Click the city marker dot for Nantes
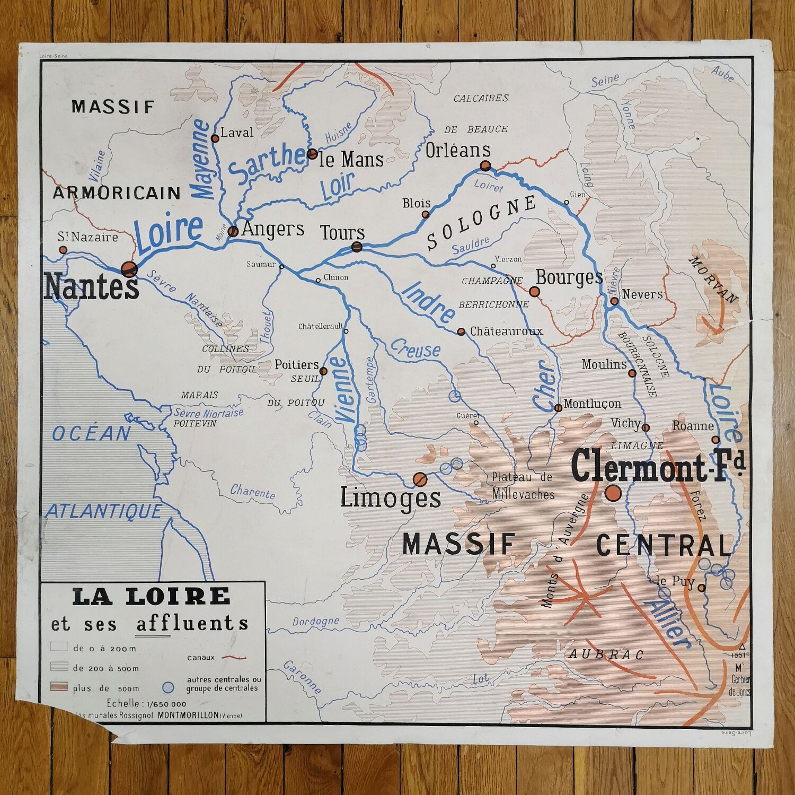pyautogui.click(x=129, y=269)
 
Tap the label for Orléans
pyautogui.click(x=458, y=151)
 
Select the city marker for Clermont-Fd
pyautogui.click(x=613, y=493)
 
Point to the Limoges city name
pyautogui.click(x=390, y=498)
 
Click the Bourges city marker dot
pyautogui.click(x=534, y=291)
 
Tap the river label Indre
pyautogui.click(x=428, y=303)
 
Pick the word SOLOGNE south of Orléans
pyautogui.click(x=481, y=222)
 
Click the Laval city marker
pyautogui.click(x=215, y=138)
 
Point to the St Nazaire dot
pyautogui.click(x=63, y=250)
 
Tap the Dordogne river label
pyautogui.click(x=315, y=621)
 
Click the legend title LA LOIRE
pyautogui.click(x=152, y=597)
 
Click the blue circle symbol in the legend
pyautogui.click(x=168, y=688)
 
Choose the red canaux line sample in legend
pyautogui.click(x=234, y=658)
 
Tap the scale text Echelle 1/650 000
pyautogui.click(x=146, y=704)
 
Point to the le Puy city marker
pyautogui.click(x=702, y=588)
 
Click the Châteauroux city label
pyautogui.click(x=506, y=331)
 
